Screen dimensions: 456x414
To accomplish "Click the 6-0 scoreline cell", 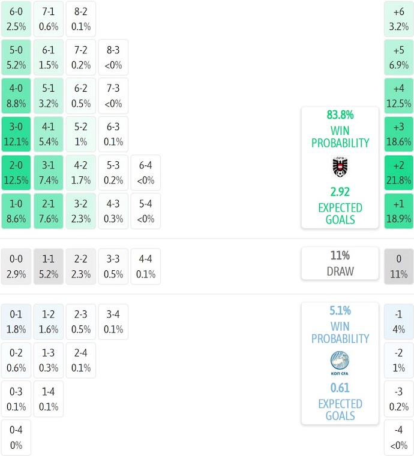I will pos(16,19).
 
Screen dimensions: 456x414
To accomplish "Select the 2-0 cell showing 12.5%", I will pos(16,173).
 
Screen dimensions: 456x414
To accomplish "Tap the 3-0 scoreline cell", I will pos(16,134).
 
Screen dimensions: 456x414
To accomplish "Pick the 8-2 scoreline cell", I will pos(81,19).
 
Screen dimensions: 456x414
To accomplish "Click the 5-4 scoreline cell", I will pos(146,211).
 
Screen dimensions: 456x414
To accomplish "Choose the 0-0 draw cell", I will pos(16,267).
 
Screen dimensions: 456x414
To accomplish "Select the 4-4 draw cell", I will pos(146,267).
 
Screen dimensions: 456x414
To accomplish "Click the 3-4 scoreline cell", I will pos(113,322).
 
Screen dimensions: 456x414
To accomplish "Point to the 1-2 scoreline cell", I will pos(49,322).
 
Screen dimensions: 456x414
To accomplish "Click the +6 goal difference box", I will pos(399,19).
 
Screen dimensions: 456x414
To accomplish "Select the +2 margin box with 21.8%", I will pos(399,173).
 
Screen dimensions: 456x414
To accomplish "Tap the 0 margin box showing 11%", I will pos(399,267).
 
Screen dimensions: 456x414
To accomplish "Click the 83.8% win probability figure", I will pos(340,114).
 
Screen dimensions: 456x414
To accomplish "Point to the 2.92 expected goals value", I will pos(340,192).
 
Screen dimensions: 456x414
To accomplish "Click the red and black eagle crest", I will pos(340,167).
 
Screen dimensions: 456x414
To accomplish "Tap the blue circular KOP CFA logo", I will pos(340,361).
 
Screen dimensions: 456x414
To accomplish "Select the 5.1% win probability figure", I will pos(340,310).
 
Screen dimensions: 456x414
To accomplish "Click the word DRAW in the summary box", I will pos(340,271).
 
